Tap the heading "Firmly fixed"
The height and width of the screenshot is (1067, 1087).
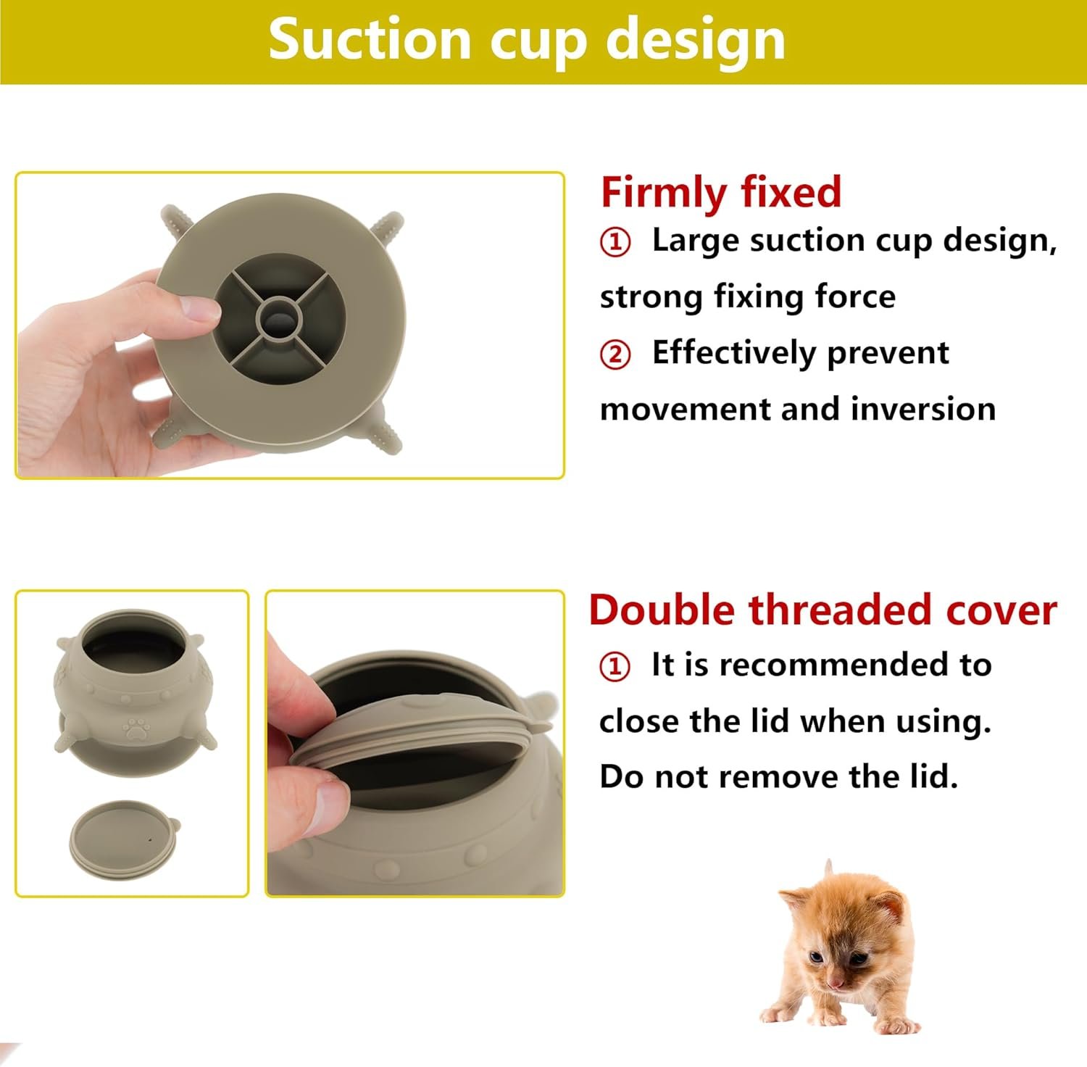pos(721,192)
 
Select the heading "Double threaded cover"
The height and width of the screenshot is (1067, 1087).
pos(822,610)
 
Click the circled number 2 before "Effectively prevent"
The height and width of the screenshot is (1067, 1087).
pos(615,355)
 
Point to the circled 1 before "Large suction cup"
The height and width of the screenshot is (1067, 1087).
pos(615,243)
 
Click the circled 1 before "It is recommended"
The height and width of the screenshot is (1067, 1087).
pos(615,667)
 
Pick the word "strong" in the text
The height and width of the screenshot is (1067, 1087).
pos(651,298)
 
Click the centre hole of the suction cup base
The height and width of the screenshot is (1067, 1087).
pos(279,317)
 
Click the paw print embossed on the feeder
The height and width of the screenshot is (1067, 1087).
pos(135,728)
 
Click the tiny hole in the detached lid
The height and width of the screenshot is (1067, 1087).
pos(150,841)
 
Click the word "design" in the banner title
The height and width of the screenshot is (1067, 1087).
pos(696,41)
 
